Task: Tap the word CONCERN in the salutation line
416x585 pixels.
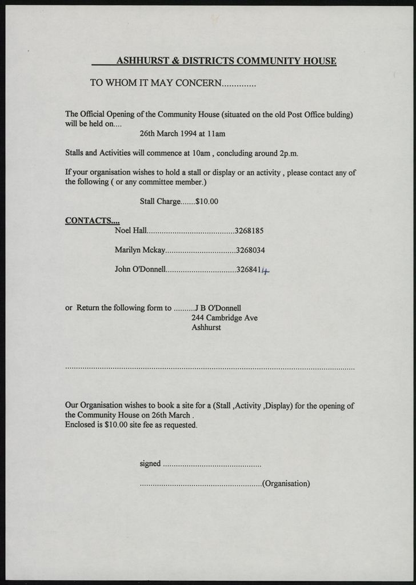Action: (197, 83)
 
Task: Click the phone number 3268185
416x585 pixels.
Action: (249, 231)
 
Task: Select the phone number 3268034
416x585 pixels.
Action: (250, 250)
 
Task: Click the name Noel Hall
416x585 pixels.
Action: (131, 231)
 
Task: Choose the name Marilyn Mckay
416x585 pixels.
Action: (140, 250)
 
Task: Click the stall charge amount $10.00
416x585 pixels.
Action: (207, 202)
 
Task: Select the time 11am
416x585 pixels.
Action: (215, 134)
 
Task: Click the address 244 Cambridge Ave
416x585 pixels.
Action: (224, 318)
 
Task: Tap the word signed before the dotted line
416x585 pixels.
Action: (150, 463)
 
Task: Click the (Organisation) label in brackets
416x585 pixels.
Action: (286, 483)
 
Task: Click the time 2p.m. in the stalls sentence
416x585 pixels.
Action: (288, 153)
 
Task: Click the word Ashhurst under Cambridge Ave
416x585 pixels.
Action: (206, 328)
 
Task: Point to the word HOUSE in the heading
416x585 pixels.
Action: (319, 61)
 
